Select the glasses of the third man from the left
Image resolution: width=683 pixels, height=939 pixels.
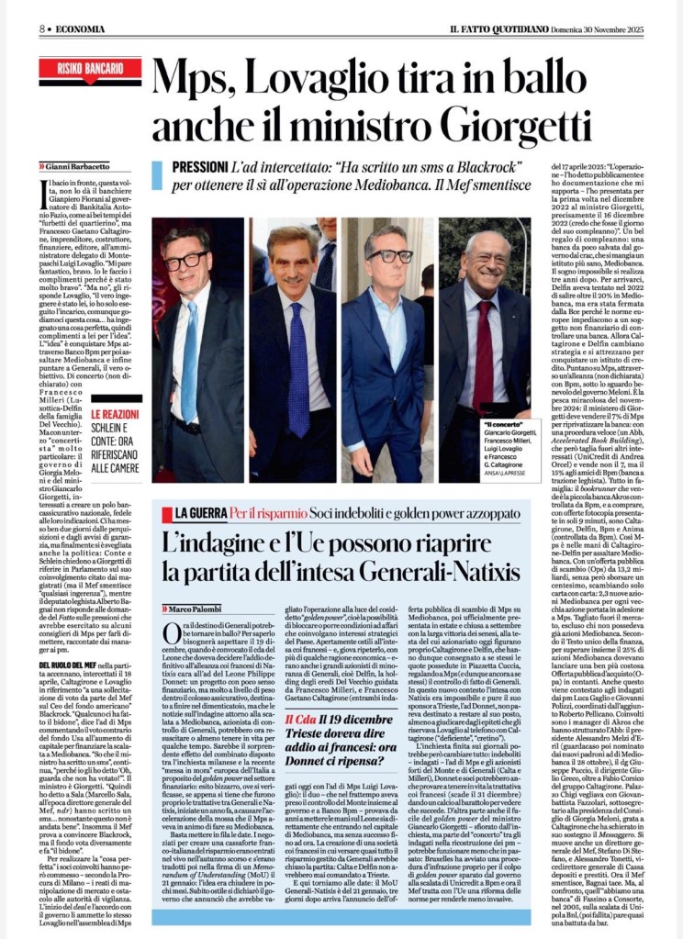point(390,255)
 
